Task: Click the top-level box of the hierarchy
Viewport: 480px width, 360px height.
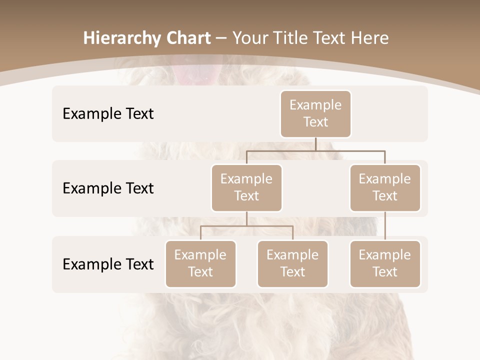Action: (x=315, y=113)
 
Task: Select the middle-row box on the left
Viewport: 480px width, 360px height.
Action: (x=246, y=187)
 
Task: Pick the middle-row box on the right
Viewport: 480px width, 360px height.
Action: (x=385, y=187)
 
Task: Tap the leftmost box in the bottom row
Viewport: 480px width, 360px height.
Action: (x=200, y=263)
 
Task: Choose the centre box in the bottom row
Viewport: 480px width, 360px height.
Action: (x=292, y=263)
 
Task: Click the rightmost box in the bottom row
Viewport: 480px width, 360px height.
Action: (x=385, y=263)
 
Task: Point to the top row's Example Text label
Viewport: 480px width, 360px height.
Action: (x=108, y=113)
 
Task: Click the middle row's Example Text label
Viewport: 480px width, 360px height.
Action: (x=108, y=188)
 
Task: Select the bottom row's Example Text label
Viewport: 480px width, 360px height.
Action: (x=108, y=264)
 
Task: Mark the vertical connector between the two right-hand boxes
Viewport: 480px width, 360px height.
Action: (x=385, y=226)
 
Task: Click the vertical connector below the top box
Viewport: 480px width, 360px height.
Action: (x=315, y=144)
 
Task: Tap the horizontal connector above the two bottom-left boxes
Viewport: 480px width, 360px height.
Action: (x=246, y=226)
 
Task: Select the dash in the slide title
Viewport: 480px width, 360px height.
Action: (x=221, y=38)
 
